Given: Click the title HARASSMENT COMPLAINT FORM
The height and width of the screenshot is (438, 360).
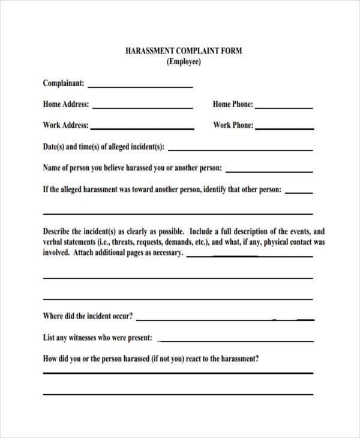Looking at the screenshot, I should coord(184,51).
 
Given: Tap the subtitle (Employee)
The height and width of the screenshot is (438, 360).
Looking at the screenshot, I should coord(184,62).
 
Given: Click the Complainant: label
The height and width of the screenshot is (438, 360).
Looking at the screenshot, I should coord(64,83).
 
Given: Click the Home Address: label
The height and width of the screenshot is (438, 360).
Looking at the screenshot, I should coord(66,104).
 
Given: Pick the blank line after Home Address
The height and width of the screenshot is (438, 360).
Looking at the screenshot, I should coord(143,108).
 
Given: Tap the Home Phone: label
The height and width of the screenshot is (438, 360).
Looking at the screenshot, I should coord(233,104).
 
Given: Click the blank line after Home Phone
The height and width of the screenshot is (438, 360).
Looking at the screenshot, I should coord(284,108).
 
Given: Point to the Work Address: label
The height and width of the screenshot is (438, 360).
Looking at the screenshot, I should coord(66,125).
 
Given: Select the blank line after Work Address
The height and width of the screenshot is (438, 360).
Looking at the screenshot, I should coord(143,129).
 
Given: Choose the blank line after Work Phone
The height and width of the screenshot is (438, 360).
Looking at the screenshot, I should coord(285,129).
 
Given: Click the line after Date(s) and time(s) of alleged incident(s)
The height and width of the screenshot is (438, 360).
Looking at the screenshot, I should coord(241,150).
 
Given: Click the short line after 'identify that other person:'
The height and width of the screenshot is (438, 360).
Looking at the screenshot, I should coord(299,193).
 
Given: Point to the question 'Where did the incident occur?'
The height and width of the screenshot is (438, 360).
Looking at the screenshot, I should coord(88,316).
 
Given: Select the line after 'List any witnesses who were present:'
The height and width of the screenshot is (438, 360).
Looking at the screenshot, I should coord(235,341).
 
